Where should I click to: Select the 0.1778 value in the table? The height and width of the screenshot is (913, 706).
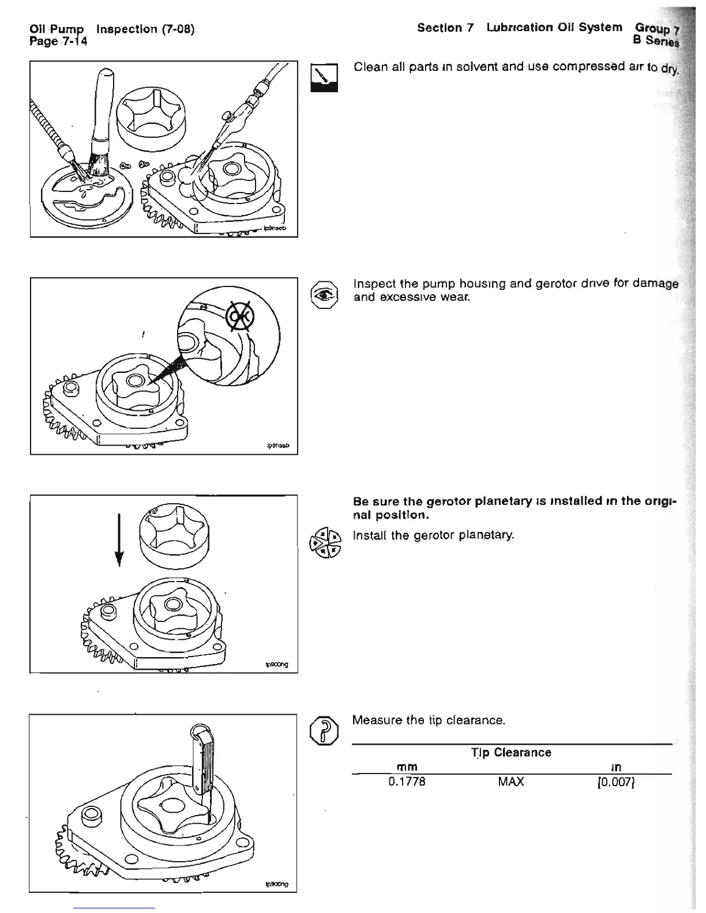pyautogui.click(x=407, y=782)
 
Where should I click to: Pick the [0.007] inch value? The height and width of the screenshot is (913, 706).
pyautogui.click(x=615, y=782)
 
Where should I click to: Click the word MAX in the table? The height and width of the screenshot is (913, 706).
pyautogui.click(x=512, y=782)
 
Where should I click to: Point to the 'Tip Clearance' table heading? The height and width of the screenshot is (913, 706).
pyautogui.click(x=511, y=752)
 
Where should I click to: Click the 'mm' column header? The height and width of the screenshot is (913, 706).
pyautogui.click(x=407, y=767)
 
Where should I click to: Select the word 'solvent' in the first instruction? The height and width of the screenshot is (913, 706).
pyautogui.click(x=464, y=67)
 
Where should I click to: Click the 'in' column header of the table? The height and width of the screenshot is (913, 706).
pyautogui.click(x=615, y=767)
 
